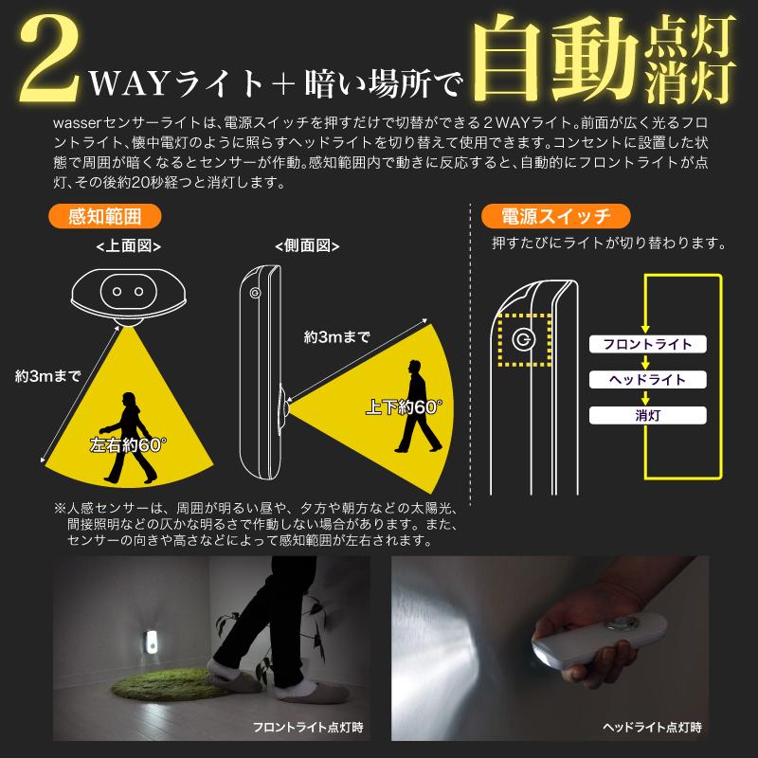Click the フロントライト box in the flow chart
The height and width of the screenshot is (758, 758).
647,344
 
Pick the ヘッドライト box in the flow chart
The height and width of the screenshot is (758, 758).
647,379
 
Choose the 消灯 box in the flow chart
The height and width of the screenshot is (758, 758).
647,414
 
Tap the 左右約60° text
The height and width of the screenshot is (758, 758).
123,443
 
